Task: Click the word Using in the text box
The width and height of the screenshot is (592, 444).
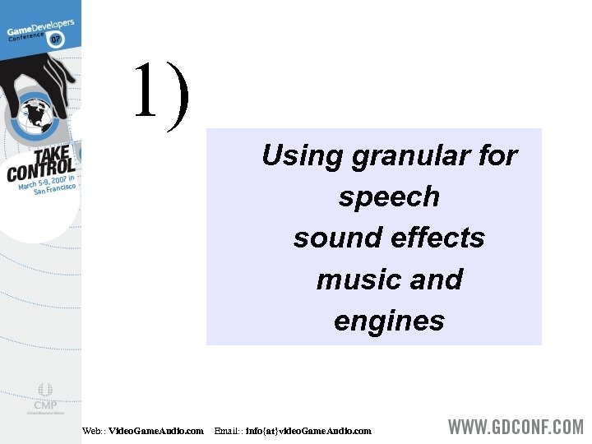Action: click(301, 155)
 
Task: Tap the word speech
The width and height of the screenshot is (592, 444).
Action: click(389, 197)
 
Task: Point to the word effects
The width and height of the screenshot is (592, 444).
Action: click(437, 238)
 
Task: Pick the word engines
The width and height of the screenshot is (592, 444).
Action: click(389, 321)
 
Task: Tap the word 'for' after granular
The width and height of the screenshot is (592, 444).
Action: click(497, 155)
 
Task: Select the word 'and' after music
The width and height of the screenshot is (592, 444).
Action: click(436, 280)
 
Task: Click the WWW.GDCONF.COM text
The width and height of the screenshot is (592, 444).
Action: click(516, 428)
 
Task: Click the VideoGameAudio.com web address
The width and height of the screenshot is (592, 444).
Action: click(156, 431)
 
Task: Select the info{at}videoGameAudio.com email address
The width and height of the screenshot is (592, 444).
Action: click(308, 431)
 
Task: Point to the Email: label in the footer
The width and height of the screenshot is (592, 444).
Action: click(228, 431)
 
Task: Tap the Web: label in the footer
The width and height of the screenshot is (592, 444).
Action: click(94, 431)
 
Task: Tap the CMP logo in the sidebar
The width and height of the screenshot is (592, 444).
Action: click(44, 398)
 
